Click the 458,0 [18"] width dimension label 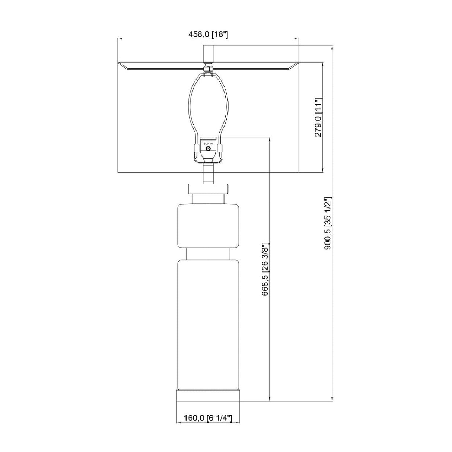click(x=208, y=34)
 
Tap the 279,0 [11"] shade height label click(x=318, y=117)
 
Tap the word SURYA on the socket click(x=208, y=143)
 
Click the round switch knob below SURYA click(x=208, y=149)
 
